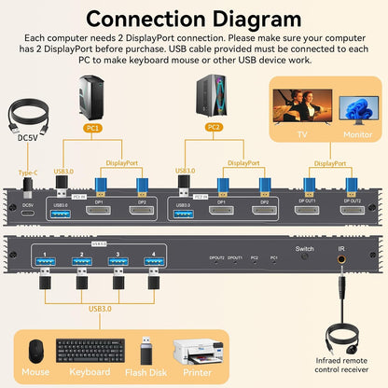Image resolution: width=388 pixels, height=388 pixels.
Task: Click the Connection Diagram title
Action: click(193, 19)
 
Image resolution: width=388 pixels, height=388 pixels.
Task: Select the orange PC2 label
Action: click(213, 127)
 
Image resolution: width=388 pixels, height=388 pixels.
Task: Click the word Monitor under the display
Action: click(357, 135)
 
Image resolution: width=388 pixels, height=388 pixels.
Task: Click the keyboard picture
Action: click(90, 351)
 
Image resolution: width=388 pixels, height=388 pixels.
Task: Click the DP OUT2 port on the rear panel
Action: click(352, 212)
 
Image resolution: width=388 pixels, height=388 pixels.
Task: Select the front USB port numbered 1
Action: click(42, 264)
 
